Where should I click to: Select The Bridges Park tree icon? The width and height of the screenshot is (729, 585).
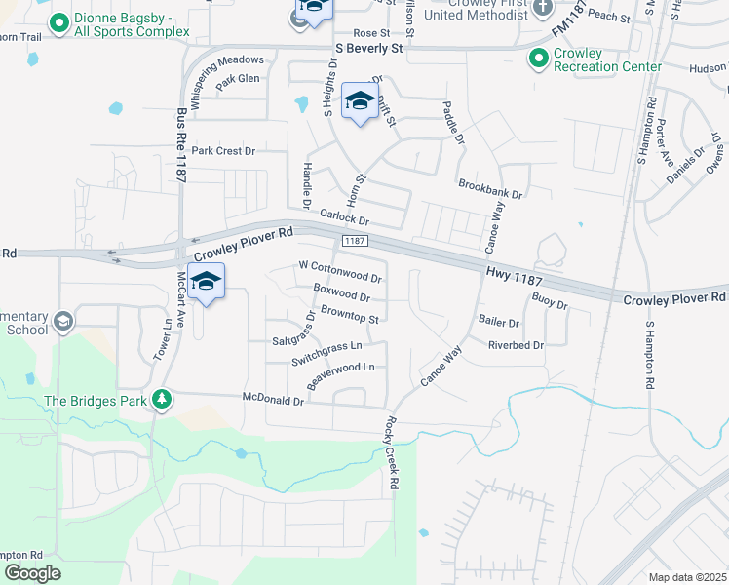click(x=164, y=399)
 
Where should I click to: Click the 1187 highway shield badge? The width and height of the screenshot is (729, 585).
click(x=353, y=240)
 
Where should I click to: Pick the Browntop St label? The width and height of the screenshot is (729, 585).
click(x=349, y=316)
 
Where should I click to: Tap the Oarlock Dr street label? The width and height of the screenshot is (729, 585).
click(x=344, y=220)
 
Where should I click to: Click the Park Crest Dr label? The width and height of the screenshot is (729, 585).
click(x=223, y=151)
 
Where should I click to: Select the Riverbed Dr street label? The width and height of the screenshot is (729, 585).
click(x=516, y=345)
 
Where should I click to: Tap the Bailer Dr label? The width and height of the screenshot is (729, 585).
click(x=498, y=322)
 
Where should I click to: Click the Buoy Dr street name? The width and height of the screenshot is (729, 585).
click(x=550, y=305)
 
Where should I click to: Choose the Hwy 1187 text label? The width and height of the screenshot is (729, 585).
click(x=513, y=280)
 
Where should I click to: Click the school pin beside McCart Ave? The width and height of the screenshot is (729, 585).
click(x=206, y=283)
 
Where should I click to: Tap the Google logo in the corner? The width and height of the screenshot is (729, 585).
click(x=33, y=573)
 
